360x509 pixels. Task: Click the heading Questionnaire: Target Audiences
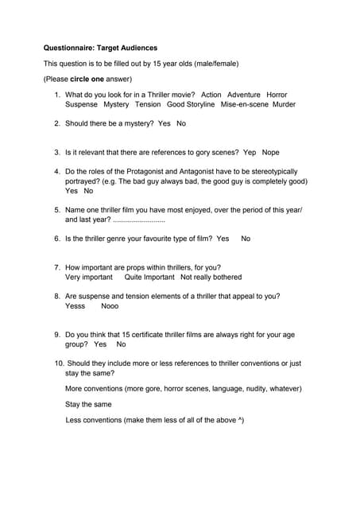(x=100, y=48)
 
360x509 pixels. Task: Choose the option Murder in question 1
(x=284, y=104)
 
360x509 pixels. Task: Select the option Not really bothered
(x=211, y=278)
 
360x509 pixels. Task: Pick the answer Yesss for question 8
(x=75, y=306)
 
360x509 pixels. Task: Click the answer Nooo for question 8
(x=110, y=306)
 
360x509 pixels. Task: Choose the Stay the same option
(x=88, y=404)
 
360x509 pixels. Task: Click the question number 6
(x=57, y=239)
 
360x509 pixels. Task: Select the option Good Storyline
(x=191, y=104)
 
